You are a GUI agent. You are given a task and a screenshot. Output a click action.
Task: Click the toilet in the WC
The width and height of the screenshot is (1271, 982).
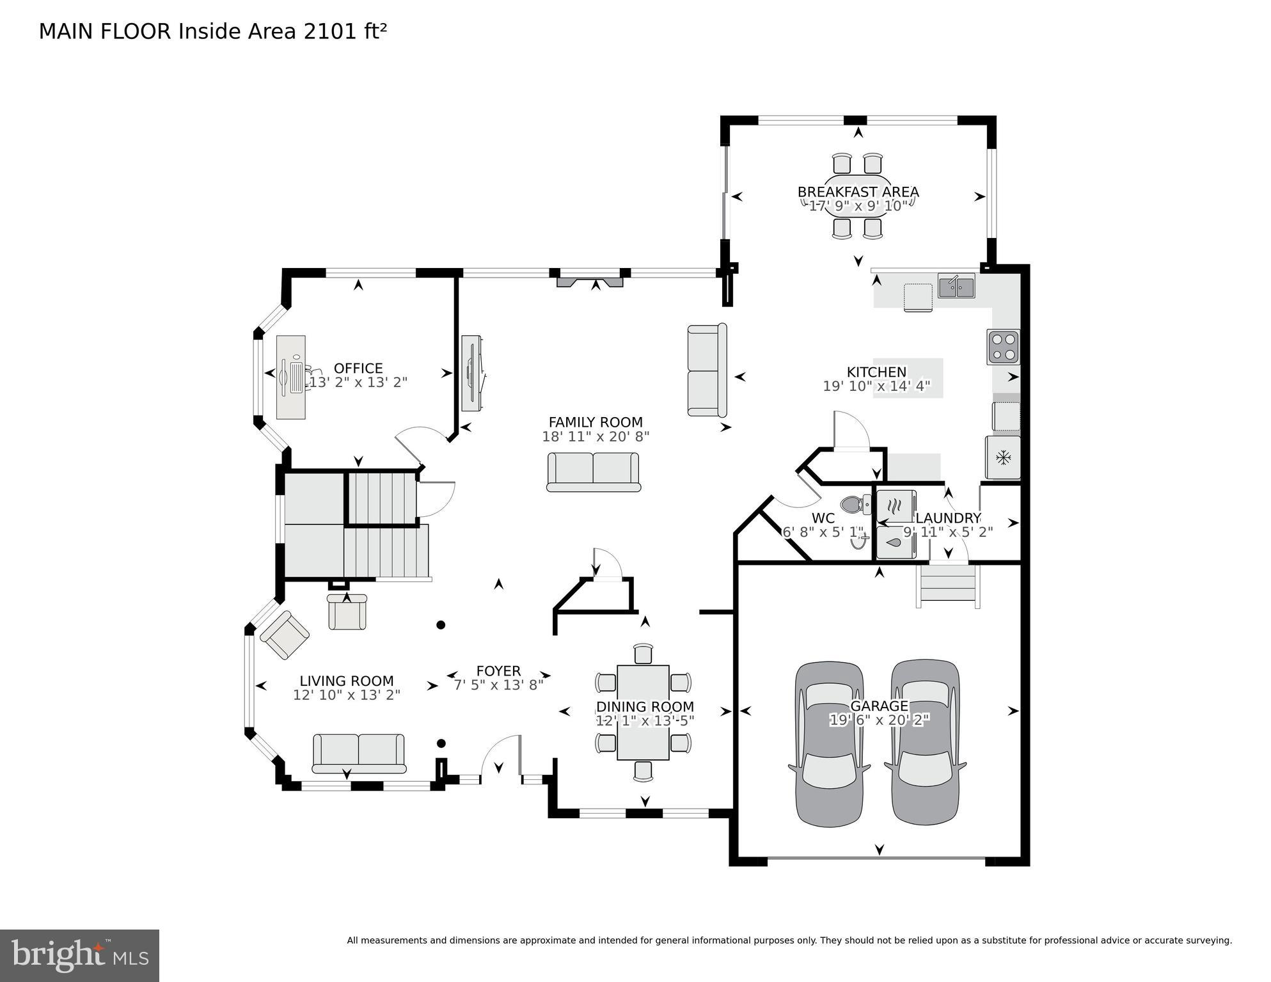click(x=855, y=505)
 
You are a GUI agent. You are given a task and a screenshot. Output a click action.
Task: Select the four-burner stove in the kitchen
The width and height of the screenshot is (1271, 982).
click(x=1002, y=347)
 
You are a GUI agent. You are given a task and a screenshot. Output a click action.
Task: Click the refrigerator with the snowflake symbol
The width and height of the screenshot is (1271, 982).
click(x=1002, y=457)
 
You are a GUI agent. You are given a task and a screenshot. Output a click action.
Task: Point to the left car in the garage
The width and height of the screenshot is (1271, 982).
click(x=830, y=743)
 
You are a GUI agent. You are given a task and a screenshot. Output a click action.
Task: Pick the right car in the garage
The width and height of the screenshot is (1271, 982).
click(x=925, y=742)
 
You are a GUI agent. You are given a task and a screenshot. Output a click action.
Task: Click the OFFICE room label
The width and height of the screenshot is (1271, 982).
click(x=358, y=368)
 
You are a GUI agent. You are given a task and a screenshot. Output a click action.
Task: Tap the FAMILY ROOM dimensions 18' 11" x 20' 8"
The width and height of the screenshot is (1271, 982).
click(x=596, y=437)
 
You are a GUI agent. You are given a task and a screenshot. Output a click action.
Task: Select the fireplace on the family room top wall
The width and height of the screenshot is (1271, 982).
click(x=590, y=281)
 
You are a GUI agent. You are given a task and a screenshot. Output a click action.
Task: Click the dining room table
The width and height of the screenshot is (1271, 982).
click(x=643, y=712)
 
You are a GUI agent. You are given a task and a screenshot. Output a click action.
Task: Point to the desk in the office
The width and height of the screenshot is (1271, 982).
click(x=291, y=377)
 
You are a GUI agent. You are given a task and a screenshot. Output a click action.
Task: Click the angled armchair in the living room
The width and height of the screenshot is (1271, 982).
click(x=285, y=635)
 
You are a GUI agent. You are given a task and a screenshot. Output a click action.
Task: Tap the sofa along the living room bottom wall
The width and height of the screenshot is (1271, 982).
click(x=359, y=753)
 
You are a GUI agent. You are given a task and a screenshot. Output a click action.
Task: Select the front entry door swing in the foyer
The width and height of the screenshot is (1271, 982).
click(x=502, y=755)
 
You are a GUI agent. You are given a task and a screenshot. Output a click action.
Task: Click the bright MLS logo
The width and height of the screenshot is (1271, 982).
click(x=79, y=955)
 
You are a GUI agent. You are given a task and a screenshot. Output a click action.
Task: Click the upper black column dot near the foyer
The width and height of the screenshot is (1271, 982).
click(x=441, y=625)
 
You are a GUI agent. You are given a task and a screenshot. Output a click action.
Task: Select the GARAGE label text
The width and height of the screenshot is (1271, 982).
click(x=879, y=706)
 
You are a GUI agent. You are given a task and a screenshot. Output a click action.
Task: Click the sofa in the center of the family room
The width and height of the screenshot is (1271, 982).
click(x=594, y=471)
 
